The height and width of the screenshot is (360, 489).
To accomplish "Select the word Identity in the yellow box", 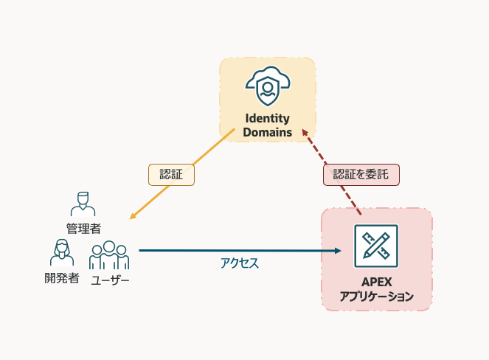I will coord(267,118).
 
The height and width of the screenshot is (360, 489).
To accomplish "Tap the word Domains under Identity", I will coord(267,133).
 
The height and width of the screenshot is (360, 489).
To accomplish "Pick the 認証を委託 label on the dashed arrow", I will coord(361,174).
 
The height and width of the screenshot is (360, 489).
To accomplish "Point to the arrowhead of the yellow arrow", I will coord(133,216).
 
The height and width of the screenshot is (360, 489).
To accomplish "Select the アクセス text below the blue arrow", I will coord(240,263).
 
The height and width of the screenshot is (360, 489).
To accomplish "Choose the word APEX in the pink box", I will coord(376,283).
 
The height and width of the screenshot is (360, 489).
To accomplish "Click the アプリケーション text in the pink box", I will coord(376,297).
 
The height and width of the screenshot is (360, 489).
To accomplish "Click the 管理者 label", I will coord(83,228).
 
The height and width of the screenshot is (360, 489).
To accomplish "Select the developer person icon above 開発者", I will coord(62,253).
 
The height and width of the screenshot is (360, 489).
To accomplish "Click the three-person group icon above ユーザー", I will coord(109,255).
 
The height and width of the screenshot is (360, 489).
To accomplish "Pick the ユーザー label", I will coord(110,280).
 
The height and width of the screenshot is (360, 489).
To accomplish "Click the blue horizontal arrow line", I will coord(236,251).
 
